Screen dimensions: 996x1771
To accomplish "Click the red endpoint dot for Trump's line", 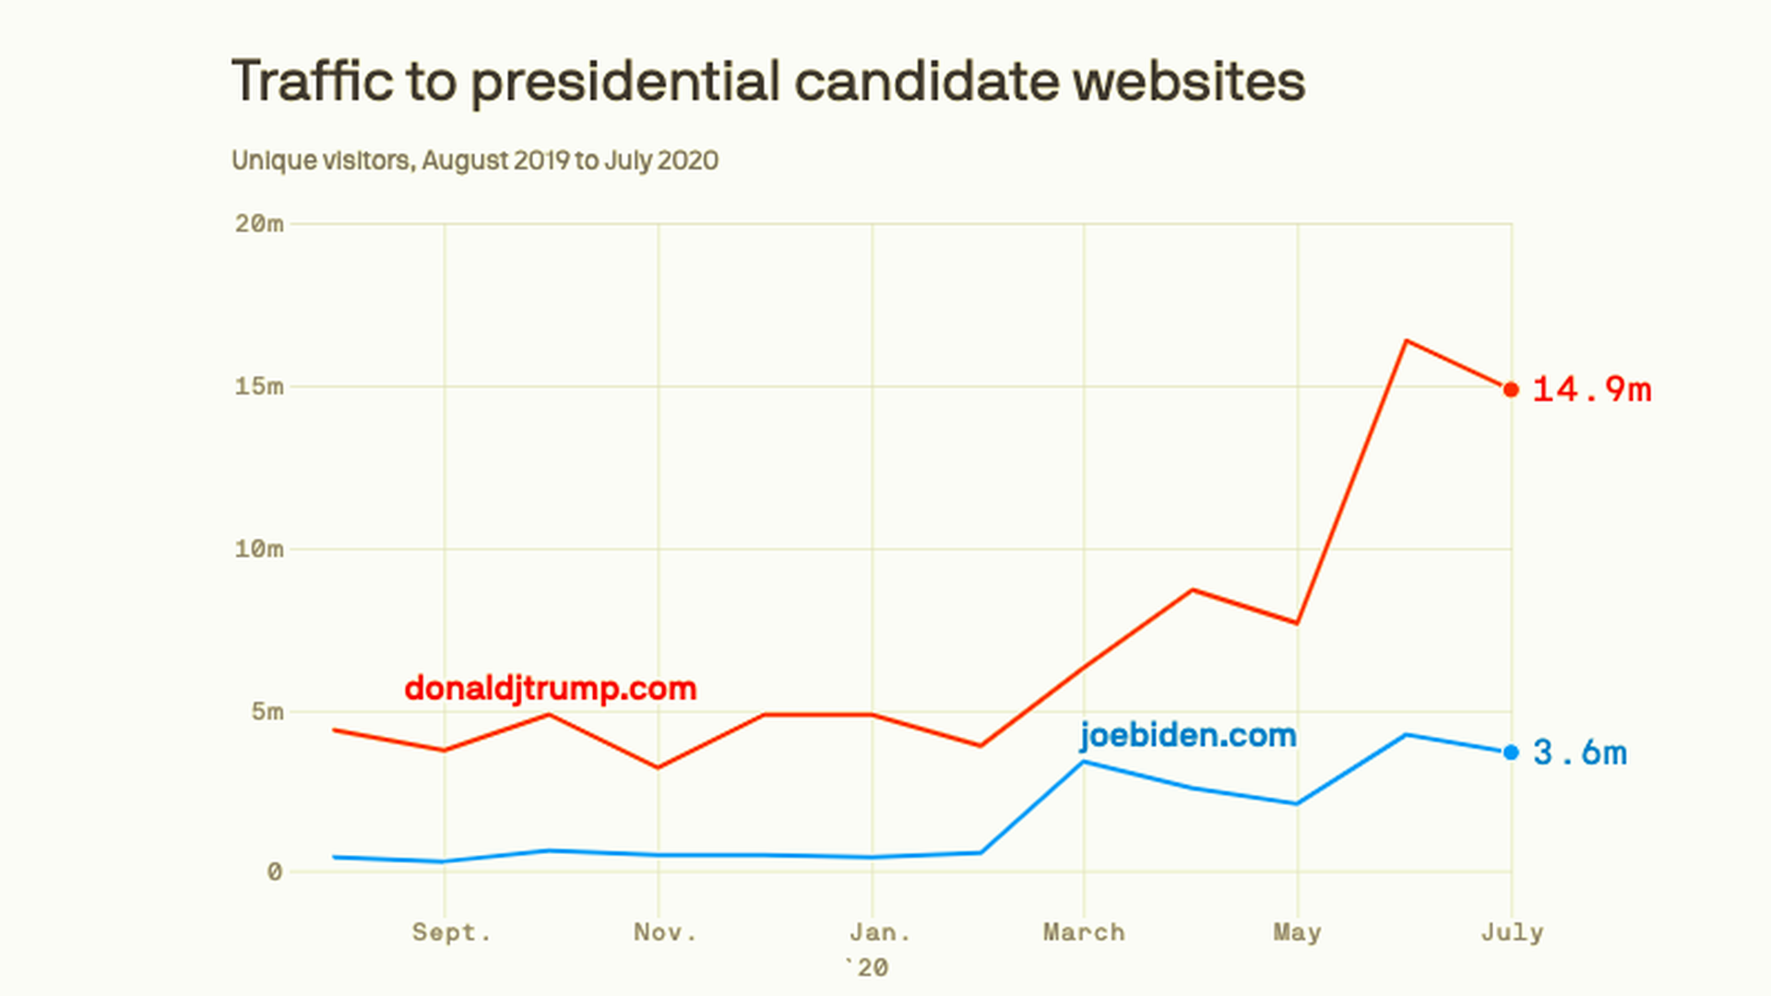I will pos(1511,390).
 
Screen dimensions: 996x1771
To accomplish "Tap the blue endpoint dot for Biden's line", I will pos(1511,753).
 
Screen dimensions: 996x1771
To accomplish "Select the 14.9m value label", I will pos(1591,390).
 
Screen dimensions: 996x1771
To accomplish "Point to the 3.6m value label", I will pos(1579,753).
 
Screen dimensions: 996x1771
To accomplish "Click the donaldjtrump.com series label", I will pos(550,688).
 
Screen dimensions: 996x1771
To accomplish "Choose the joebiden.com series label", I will pos(1188,735).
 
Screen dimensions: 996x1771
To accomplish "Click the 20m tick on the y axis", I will pos(259,223).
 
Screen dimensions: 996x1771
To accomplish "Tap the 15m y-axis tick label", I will pos(259,386).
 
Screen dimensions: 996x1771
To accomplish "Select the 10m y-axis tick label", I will pos(259,549).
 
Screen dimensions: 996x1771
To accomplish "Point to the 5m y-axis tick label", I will pos(267,711).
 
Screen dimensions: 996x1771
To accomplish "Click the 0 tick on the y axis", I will pos(275,871).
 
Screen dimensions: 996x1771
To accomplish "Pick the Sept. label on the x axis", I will pos(451,932).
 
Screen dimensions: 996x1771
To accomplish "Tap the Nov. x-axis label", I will pos(664,932).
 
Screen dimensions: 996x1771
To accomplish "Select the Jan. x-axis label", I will pos(879,932).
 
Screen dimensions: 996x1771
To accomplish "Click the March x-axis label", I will pos(1084,932).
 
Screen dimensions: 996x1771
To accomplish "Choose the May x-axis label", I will pos(1297,932).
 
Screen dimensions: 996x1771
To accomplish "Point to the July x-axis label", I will pos(1512,932).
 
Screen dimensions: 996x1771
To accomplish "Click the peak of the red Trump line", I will pos(1406,341).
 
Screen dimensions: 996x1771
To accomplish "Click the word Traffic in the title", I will pos(312,81).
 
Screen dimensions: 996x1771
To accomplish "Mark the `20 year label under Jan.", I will pos(867,967).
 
